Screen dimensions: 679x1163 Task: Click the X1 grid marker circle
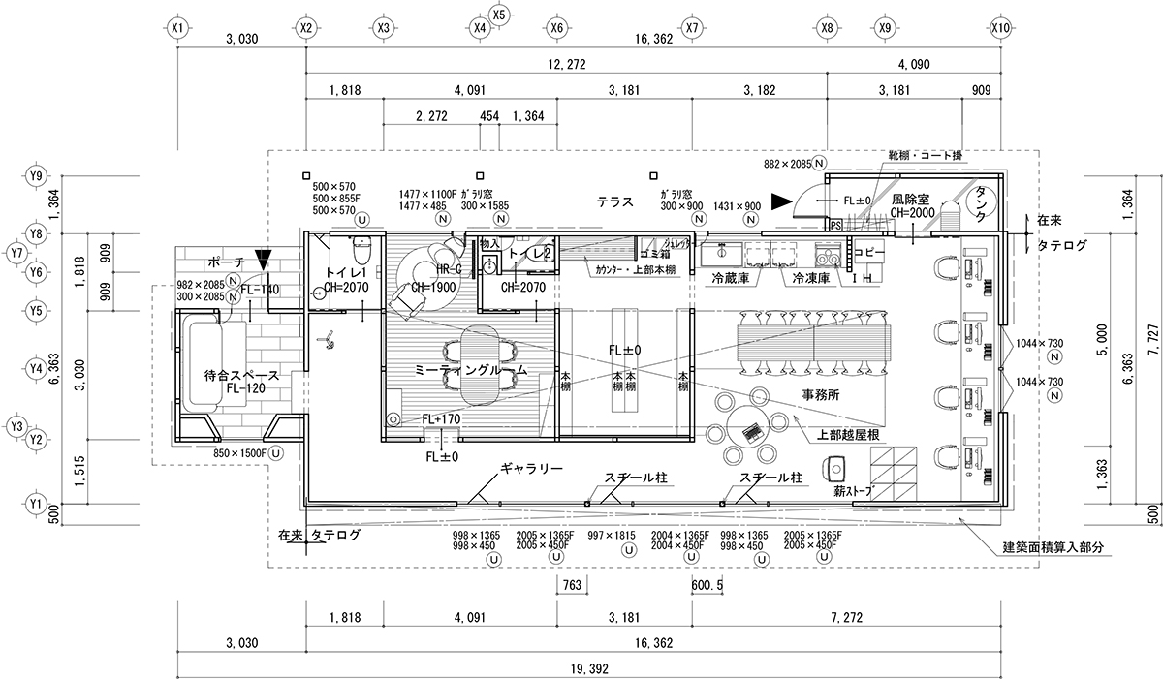point(176,28)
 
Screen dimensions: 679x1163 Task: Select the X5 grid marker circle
point(499,15)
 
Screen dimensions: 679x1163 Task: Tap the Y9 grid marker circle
point(37,175)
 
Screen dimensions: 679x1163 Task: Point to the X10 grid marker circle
point(1001,28)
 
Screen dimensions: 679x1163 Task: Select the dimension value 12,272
point(566,64)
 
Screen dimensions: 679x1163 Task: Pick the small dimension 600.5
point(708,585)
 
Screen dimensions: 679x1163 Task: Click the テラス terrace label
point(615,202)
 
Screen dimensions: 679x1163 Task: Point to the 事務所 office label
point(820,395)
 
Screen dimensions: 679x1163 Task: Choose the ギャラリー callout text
point(531,468)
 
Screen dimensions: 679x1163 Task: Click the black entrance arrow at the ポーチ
point(263,260)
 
